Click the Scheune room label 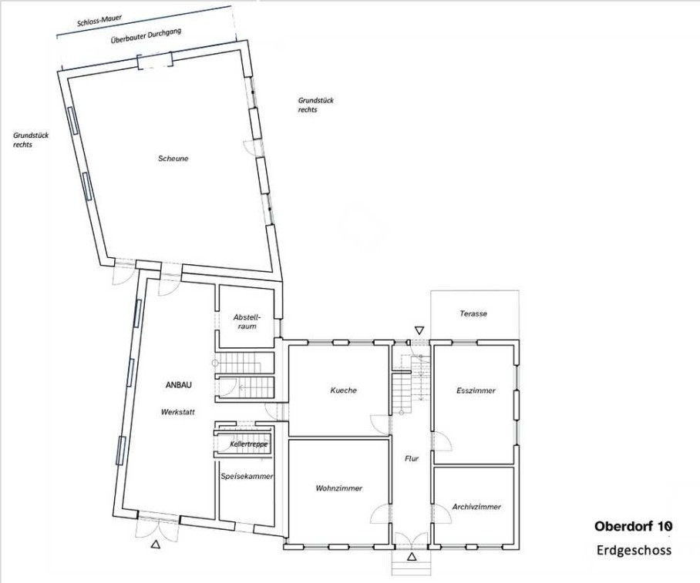(173, 159)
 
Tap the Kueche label (343, 390)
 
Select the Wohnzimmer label (339, 488)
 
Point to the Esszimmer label (476, 390)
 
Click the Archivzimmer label (476, 508)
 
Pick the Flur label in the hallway (412, 458)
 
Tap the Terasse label (473, 313)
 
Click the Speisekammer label (247, 477)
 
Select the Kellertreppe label (249, 444)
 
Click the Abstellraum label (247, 322)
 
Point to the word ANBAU (179, 385)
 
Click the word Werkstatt (177, 412)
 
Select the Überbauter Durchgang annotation (146, 36)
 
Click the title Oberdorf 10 (633, 526)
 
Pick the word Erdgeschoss (634, 550)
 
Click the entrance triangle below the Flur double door (412, 556)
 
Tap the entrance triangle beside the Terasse (419, 330)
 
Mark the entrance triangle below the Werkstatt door (156, 544)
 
